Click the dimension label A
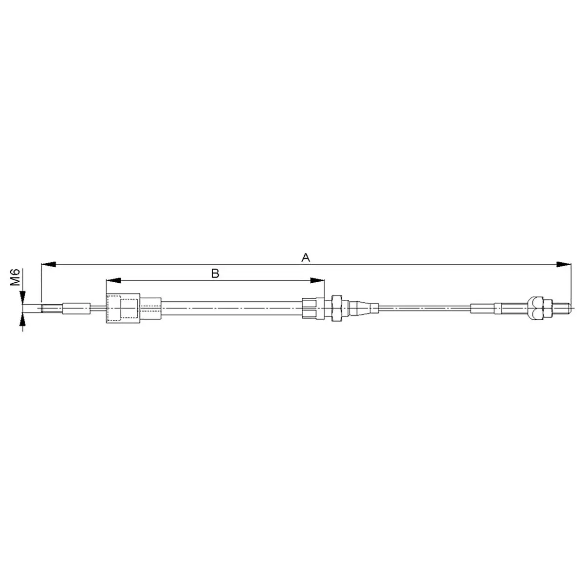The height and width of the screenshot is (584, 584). [x=306, y=257]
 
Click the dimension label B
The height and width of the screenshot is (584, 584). [x=215, y=274]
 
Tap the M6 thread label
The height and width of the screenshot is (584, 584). [x=15, y=277]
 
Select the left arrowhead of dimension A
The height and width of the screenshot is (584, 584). [x=48, y=264]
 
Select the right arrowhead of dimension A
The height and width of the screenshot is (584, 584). [x=564, y=264]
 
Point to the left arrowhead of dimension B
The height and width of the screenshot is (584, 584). [x=114, y=280]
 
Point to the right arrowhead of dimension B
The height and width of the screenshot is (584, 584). [x=317, y=280]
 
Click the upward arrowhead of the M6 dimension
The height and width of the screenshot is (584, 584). [x=22, y=320]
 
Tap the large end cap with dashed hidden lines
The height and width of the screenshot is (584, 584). [x=123, y=308]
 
